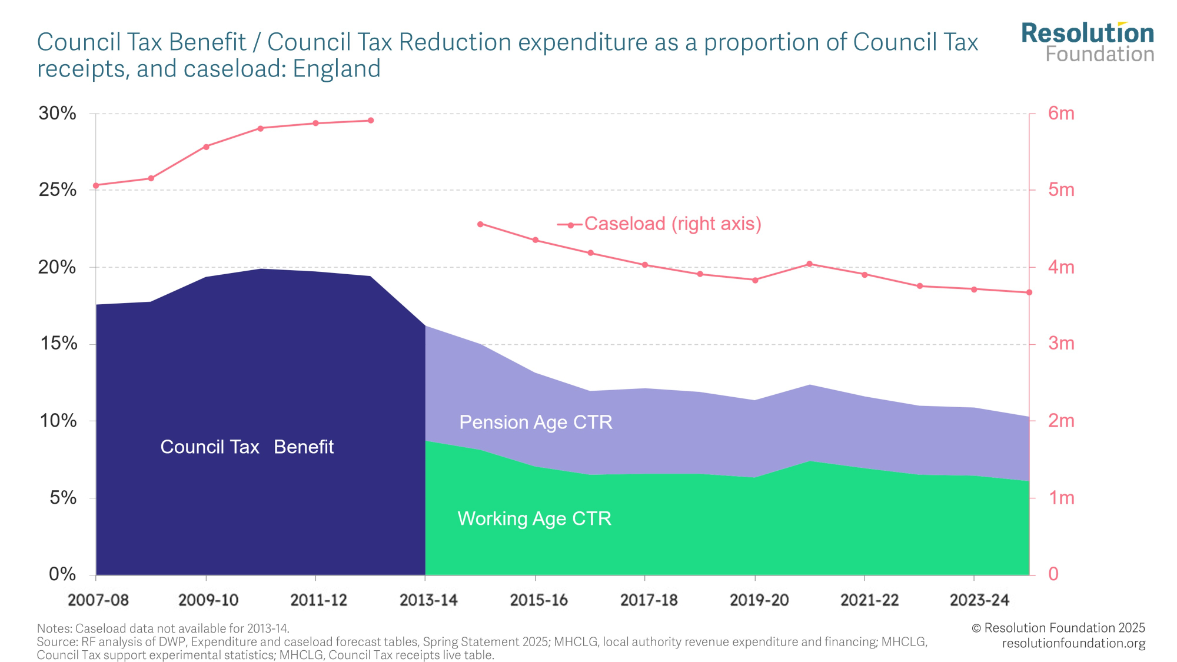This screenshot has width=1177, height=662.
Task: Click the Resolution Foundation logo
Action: click(x=1088, y=42)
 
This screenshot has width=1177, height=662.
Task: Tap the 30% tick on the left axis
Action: click(x=57, y=114)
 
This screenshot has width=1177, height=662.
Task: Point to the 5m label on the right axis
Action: click(x=1061, y=190)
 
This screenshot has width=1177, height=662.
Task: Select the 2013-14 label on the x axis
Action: click(x=428, y=600)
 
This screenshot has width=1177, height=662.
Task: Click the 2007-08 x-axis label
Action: click(x=98, y=600)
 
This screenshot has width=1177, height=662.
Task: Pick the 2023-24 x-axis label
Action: click(x=979, y=600)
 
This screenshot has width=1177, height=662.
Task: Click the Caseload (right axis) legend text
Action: click(x=673, y=224)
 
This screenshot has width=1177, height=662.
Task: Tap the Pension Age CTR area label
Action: click(x=536, y=423)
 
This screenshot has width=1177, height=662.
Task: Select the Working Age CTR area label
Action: click(x=534, y=518)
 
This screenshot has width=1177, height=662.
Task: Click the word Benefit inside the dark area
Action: click(x=304, y=447)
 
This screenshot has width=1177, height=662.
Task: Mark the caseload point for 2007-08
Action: click(x=96, y=185)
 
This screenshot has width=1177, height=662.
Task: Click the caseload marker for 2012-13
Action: click(x=371, y=121)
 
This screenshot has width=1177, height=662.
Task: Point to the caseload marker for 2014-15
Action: click(x=480, y=224)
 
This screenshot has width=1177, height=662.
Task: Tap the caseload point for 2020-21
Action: click(x=810, y=264)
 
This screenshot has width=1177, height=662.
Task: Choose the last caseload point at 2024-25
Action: click(x=1029, y=292)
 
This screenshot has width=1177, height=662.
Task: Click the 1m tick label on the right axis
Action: click(x=1061, y=498)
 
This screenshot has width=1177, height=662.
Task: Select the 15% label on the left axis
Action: click(x=58, y=344)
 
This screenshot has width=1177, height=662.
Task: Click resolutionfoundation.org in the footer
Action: click(x=1073, y=643)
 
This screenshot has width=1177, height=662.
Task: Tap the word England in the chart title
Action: click(x=337, y=69)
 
